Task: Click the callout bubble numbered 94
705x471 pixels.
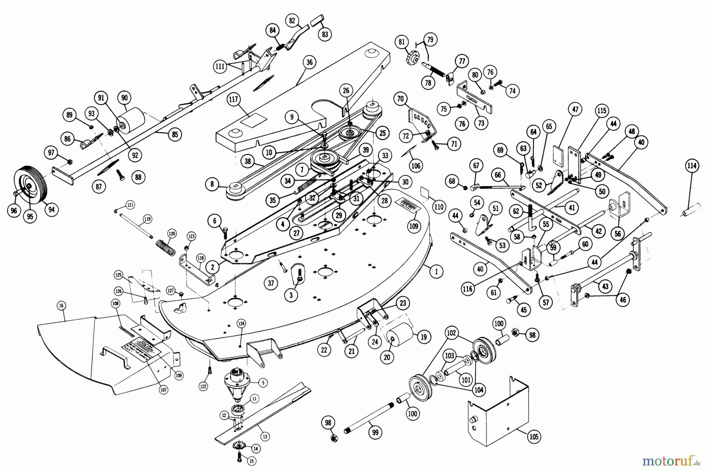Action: click(51, 210)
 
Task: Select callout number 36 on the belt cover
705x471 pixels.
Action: click(310, 62)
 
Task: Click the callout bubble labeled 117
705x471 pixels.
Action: click(234, 100)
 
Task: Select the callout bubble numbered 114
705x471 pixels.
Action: click(691, 166)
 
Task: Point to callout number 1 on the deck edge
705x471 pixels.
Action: click(436, 271)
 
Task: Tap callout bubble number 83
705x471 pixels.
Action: click(325, 34)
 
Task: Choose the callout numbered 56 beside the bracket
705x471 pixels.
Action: click(618, 234)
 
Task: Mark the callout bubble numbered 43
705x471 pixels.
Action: click(606, 287)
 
